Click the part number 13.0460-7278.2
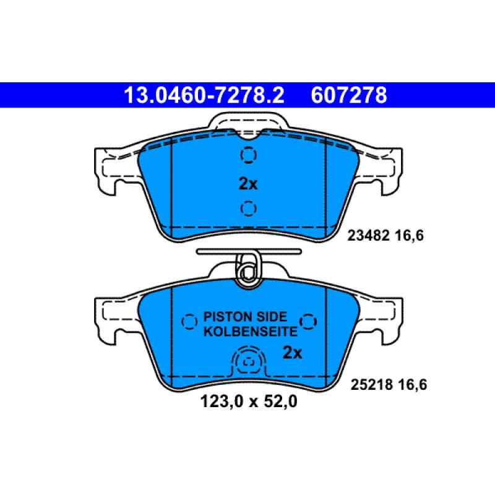pos(204,95)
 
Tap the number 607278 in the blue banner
pos(349,95)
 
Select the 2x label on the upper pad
pos(248,183)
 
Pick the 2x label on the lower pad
pos(292,353)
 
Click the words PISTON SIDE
pos(245,317)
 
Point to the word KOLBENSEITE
pos(251,332)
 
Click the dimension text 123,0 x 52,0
pos(249,402)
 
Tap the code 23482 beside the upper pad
pos(368,236)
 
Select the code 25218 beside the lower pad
pos(372,384)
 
